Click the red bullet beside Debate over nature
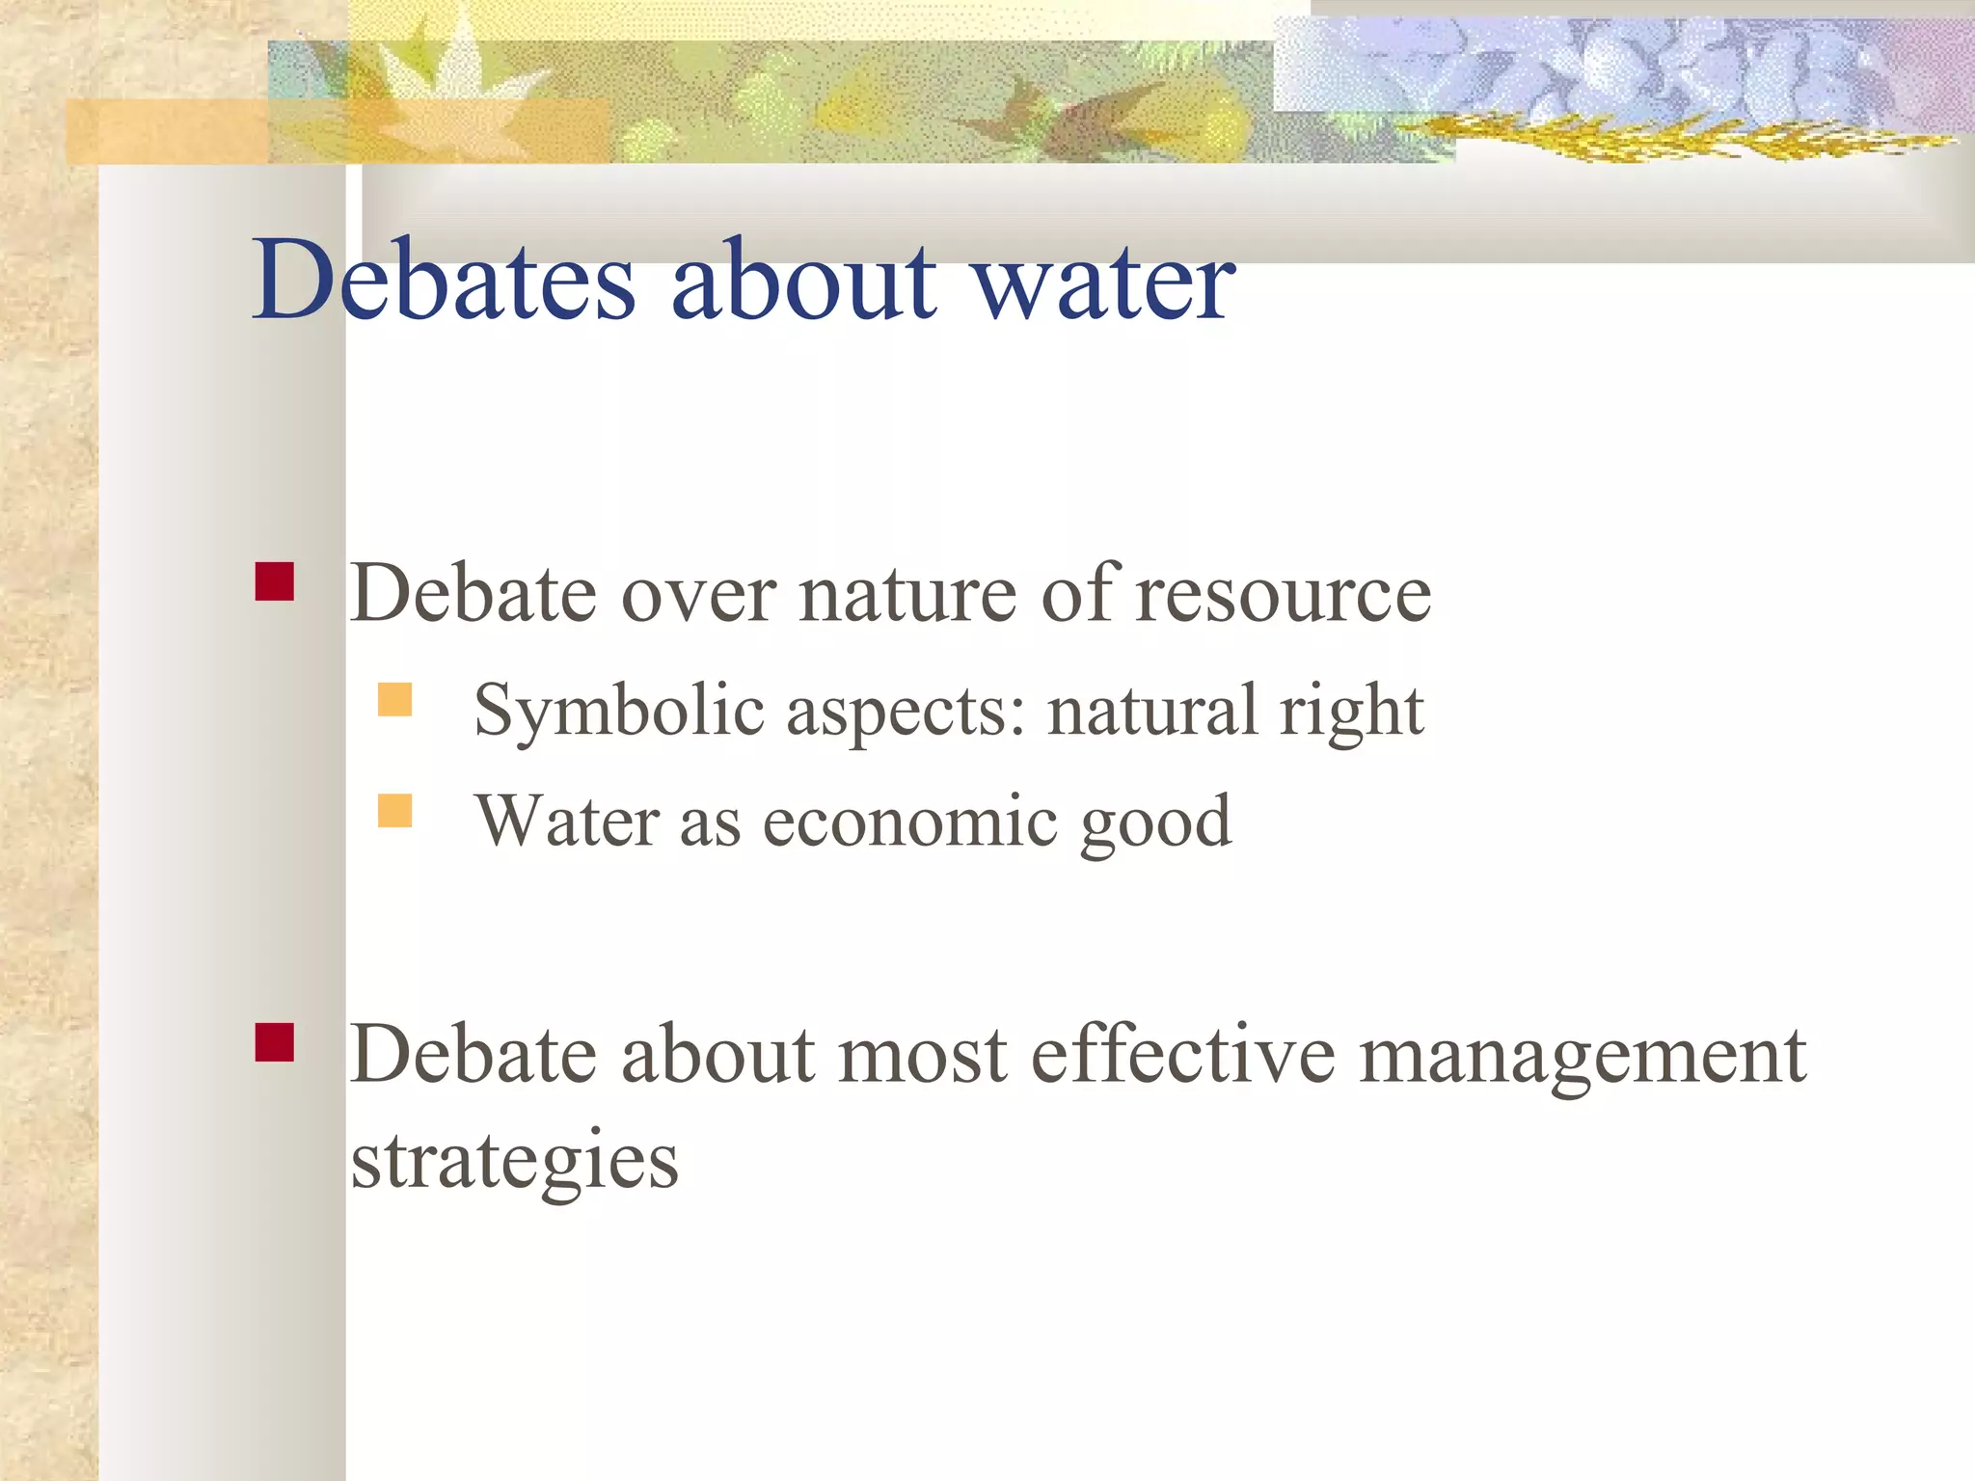tap(275, 581)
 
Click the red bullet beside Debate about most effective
tap(275, 1042)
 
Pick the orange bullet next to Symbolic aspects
tap(394, 699)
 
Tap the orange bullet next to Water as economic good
tap(394, 811)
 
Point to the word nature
tap(907, 596)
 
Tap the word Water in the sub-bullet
tap(568, 821)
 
